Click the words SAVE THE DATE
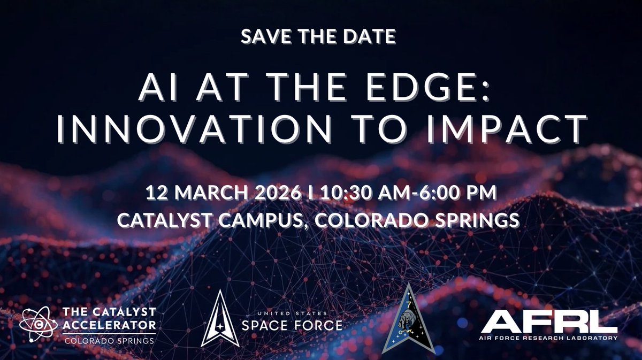[318, 37]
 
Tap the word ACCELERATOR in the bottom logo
[110, 325]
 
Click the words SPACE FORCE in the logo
[292, 325]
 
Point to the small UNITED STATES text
[292, 312]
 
